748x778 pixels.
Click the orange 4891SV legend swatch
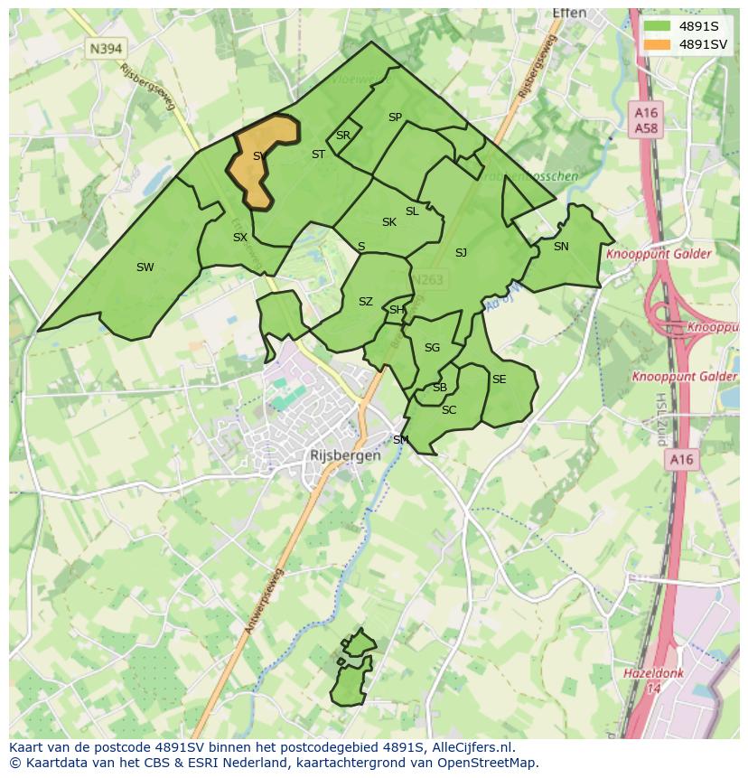[656, 44]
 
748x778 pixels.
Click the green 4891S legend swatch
[656, 26]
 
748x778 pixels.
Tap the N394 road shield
[106, 48]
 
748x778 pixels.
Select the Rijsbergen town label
[345, 455]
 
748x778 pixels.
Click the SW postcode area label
[145, 267]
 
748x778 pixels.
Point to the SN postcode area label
[561, 246]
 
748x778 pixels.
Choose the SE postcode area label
[499, 380]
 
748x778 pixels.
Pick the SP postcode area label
[395, 117]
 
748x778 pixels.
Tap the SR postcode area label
[342, 136]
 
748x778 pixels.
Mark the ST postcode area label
[318, 155]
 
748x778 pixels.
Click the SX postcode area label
[239, 238]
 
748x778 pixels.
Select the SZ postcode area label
[365, 302]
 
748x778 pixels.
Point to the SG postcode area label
[432, 348]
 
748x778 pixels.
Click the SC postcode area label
[449, 410]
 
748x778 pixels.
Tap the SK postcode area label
[388, 222]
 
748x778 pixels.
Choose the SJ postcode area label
[461, 253]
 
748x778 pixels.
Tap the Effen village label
[569, 14]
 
